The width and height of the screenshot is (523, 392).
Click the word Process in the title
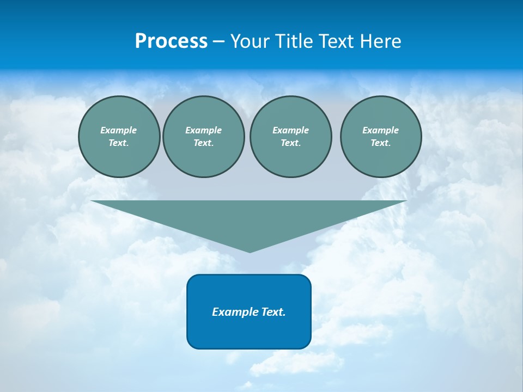pyautogui.click(x=171, y=41)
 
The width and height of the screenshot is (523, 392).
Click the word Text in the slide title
pyautogui.click(x=337, y=41)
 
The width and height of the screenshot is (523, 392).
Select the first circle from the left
pyautogui.click(x=119, y=137)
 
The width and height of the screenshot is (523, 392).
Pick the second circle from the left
pyautogui.click(x=203, y=137)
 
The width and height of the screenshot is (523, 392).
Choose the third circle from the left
pyautogui.click(x=290, y=137)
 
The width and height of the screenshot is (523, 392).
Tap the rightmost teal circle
pyautogui.click(x=380, y=137)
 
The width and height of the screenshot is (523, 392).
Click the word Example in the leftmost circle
pyautogui.click(x=119, y=130)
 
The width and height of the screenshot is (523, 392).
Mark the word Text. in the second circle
pyautogui.click(x=203, y=143)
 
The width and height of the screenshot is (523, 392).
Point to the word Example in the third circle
pyautogui.click(x=290, y=130)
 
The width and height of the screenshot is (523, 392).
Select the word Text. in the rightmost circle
pyautogui.click(x=380, y=143)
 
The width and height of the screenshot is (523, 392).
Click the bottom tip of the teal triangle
pyautogui.click(x=250, y=251)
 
